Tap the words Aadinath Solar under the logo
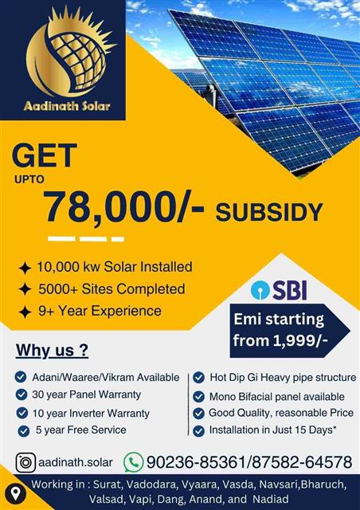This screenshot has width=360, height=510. (x=67, y=106)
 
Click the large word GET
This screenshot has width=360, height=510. (x=45, y=156)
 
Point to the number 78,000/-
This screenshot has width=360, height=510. (x=124, y=207)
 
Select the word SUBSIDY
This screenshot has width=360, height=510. (x=269, y=212)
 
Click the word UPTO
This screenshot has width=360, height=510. (x=29, y=179)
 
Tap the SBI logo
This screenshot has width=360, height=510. (x=279, y=290)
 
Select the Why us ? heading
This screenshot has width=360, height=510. (x=52, y=351)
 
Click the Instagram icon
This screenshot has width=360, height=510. (x=25, y=462)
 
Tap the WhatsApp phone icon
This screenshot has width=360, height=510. (x=133, y=462)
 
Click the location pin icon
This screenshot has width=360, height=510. (x=15, y=494)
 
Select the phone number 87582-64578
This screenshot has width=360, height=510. (x=302, y=462)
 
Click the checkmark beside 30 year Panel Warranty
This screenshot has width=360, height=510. (x=22, y=394)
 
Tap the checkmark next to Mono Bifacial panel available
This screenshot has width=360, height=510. (x=198, y=397)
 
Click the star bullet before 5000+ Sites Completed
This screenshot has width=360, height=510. (x=25, y=289)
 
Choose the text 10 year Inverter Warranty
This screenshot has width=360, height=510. (x=91, y=414)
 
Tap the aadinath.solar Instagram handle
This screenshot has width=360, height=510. (x=76, y=462)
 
